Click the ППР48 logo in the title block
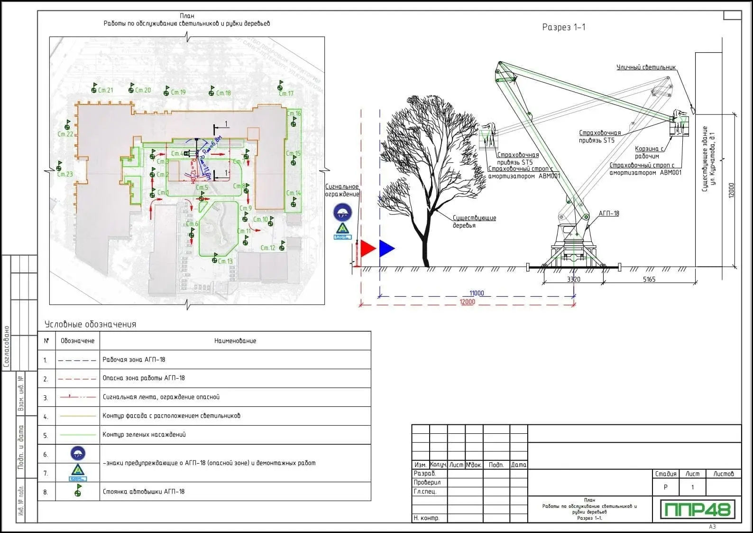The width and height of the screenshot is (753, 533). pyautogui.click(x=698, y=509)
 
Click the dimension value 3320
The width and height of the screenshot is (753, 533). pyautogui.click(x=574, y=279)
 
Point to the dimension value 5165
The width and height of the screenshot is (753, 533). pyautogui.click(x=649, y=279)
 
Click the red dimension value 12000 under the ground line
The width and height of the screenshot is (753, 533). pyautogui.click(x=467, y=302)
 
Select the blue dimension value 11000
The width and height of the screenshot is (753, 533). pyautogui.click(x=477, y=293)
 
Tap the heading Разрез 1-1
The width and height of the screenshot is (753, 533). pyautogui.click(x=564, y=27)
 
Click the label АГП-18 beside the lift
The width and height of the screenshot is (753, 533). pyautogui.click(x=609, y=214)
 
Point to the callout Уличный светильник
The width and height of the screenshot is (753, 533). pyautogui.click(x=646, y=67)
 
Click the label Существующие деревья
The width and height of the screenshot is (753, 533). pyautogui.click(x=474, y=222)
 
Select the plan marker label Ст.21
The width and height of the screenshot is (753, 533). pyautogui.click(x=105, y=90)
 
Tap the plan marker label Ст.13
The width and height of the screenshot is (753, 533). pyautogui.click(x=225, y=261)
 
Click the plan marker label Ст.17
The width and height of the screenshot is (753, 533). pyautogui.click(x=286, y=94)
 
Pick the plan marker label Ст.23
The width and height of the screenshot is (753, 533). pyautogui.click(x=65, y=174)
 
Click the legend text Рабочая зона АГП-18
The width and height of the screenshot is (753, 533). pyautogui.click(x=134, y=360)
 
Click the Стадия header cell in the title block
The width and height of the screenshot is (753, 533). pyautogui.click(x=666, y=474)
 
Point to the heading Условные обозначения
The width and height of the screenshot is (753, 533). pyautogui.click(x=90, y=325)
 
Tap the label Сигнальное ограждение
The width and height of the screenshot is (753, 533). pyautogui.click(x=342, y=190)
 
